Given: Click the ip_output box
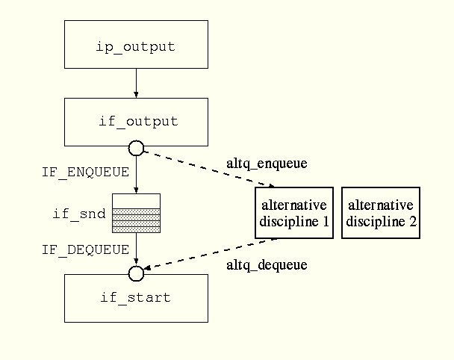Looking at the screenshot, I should [x=135, y=46].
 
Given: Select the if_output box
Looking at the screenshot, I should [x=135, y=122].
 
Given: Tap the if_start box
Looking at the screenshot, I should [x=135, y=297].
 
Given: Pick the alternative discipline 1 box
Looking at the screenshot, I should [x=293, y=213].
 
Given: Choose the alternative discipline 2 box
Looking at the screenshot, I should [x=381, y=213].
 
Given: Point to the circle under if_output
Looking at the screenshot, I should [x=136, y=147].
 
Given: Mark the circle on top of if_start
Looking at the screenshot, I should [x=136, y=273].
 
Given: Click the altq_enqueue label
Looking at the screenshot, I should [x=266, y=163].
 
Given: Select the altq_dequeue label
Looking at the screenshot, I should [x=266, y=265].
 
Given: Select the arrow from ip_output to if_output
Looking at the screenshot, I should [x=136, y=83].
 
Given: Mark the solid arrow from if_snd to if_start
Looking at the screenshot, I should [x=136, y=249].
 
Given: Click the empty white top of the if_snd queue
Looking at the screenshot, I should [x=136, y=200].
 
